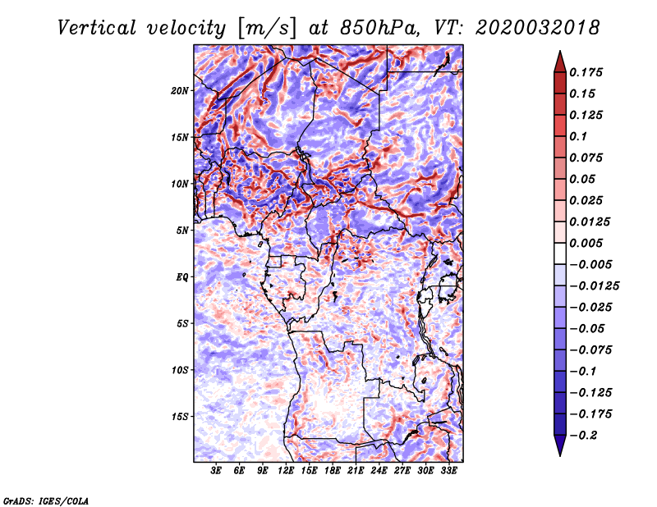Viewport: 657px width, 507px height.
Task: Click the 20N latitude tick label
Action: pyautogui.click(x=180, y=90)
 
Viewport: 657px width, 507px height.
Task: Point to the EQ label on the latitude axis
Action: pyautogui.click(x=182, y=277)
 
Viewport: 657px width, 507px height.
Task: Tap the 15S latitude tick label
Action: pyautogui.click(x=180, y=417)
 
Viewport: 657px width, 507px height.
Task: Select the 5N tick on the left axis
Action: pyautogui.click(x=182, y=231)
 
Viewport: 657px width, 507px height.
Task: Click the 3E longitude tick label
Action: pyautogui.click(x=217, y=472)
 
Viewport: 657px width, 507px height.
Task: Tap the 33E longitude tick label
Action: pyautogui.click(x=448, y=472)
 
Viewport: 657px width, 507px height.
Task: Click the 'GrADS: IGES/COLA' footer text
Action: pyautogui.click(x=46, y=500)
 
